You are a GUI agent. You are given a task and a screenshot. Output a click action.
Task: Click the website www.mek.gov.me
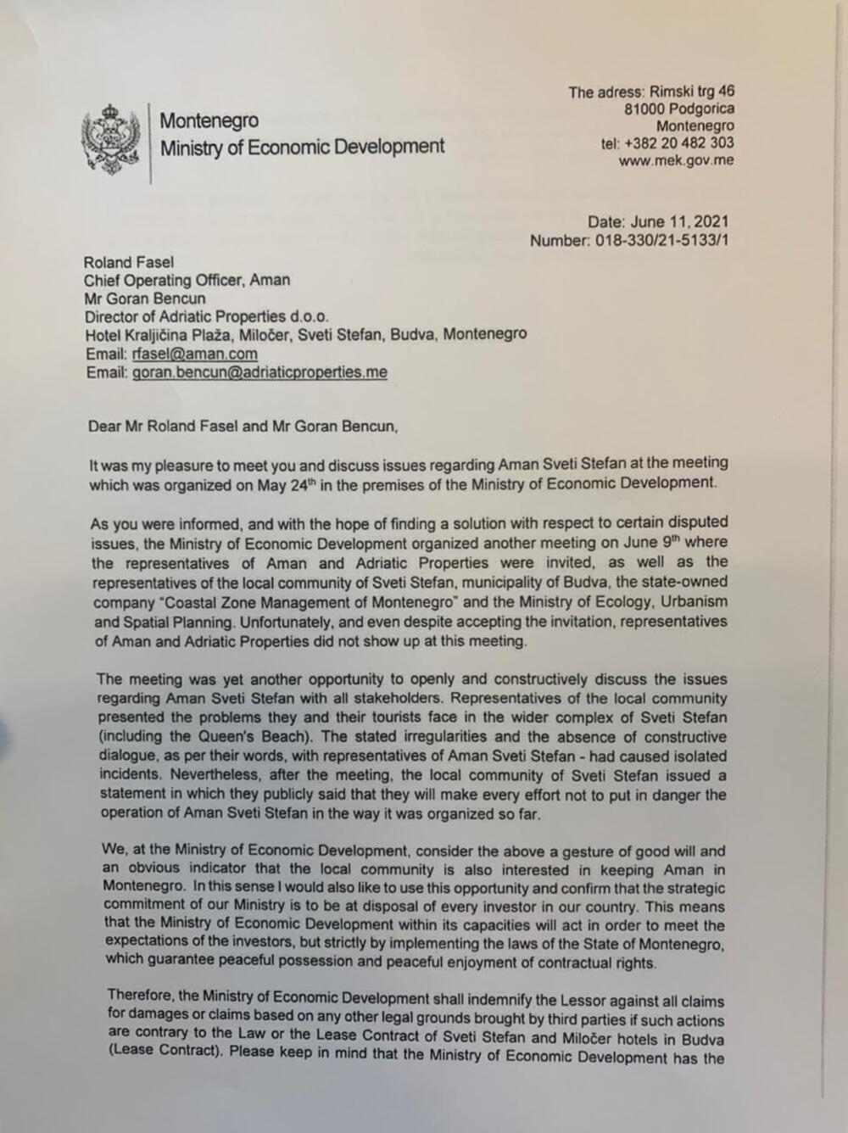point(676,160)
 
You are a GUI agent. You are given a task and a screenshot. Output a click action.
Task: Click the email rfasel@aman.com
point(194,354)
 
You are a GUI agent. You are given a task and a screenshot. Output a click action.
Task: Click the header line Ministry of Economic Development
point(302,148)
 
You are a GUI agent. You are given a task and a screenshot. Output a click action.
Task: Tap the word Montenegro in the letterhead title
point(209,120)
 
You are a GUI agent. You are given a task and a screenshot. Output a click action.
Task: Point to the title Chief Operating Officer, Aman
point(187,280)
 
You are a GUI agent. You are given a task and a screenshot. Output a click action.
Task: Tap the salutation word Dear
point(105,427)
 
